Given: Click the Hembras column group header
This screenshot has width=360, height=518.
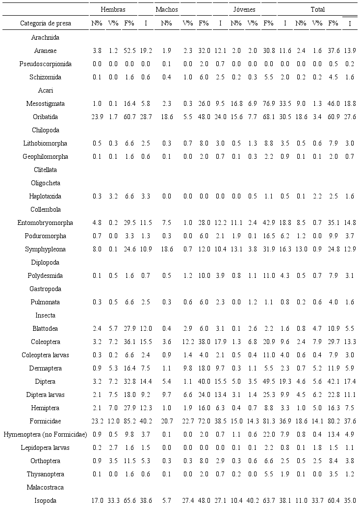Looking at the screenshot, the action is coord(113,10).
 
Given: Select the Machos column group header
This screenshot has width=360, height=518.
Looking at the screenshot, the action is coord(166,10).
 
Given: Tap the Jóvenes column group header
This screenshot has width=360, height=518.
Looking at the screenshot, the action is coord(238,10).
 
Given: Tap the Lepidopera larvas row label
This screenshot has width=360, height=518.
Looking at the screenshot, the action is coord(45,447).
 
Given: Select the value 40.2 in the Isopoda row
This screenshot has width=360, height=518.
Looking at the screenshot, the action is coord(252,500).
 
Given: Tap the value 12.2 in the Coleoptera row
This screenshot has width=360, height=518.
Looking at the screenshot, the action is coord(188,342).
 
